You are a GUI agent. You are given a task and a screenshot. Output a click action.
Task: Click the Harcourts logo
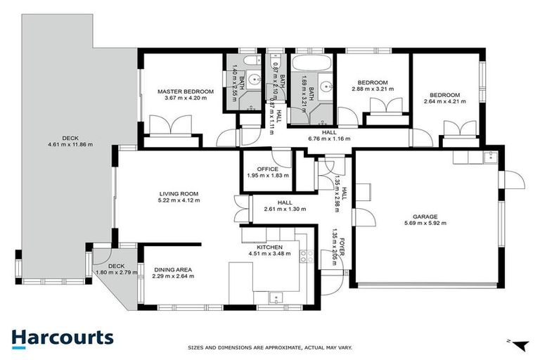click(62, 337)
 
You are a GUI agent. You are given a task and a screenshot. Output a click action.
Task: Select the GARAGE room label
click(425, 217)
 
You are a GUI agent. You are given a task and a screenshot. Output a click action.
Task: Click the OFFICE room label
click(267, 169)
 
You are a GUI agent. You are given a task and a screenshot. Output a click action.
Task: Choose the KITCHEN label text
click(269, 248)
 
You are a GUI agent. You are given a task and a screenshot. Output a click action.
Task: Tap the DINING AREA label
click(172, 269)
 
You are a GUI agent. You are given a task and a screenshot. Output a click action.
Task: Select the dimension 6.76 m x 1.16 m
click(329, 139)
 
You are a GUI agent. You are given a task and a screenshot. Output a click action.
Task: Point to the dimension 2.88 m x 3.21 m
click(373, 89)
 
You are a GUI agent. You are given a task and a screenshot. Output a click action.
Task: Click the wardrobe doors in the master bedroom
click(169, 128)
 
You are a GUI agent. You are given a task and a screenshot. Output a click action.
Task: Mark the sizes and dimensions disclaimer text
click(270, 347)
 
